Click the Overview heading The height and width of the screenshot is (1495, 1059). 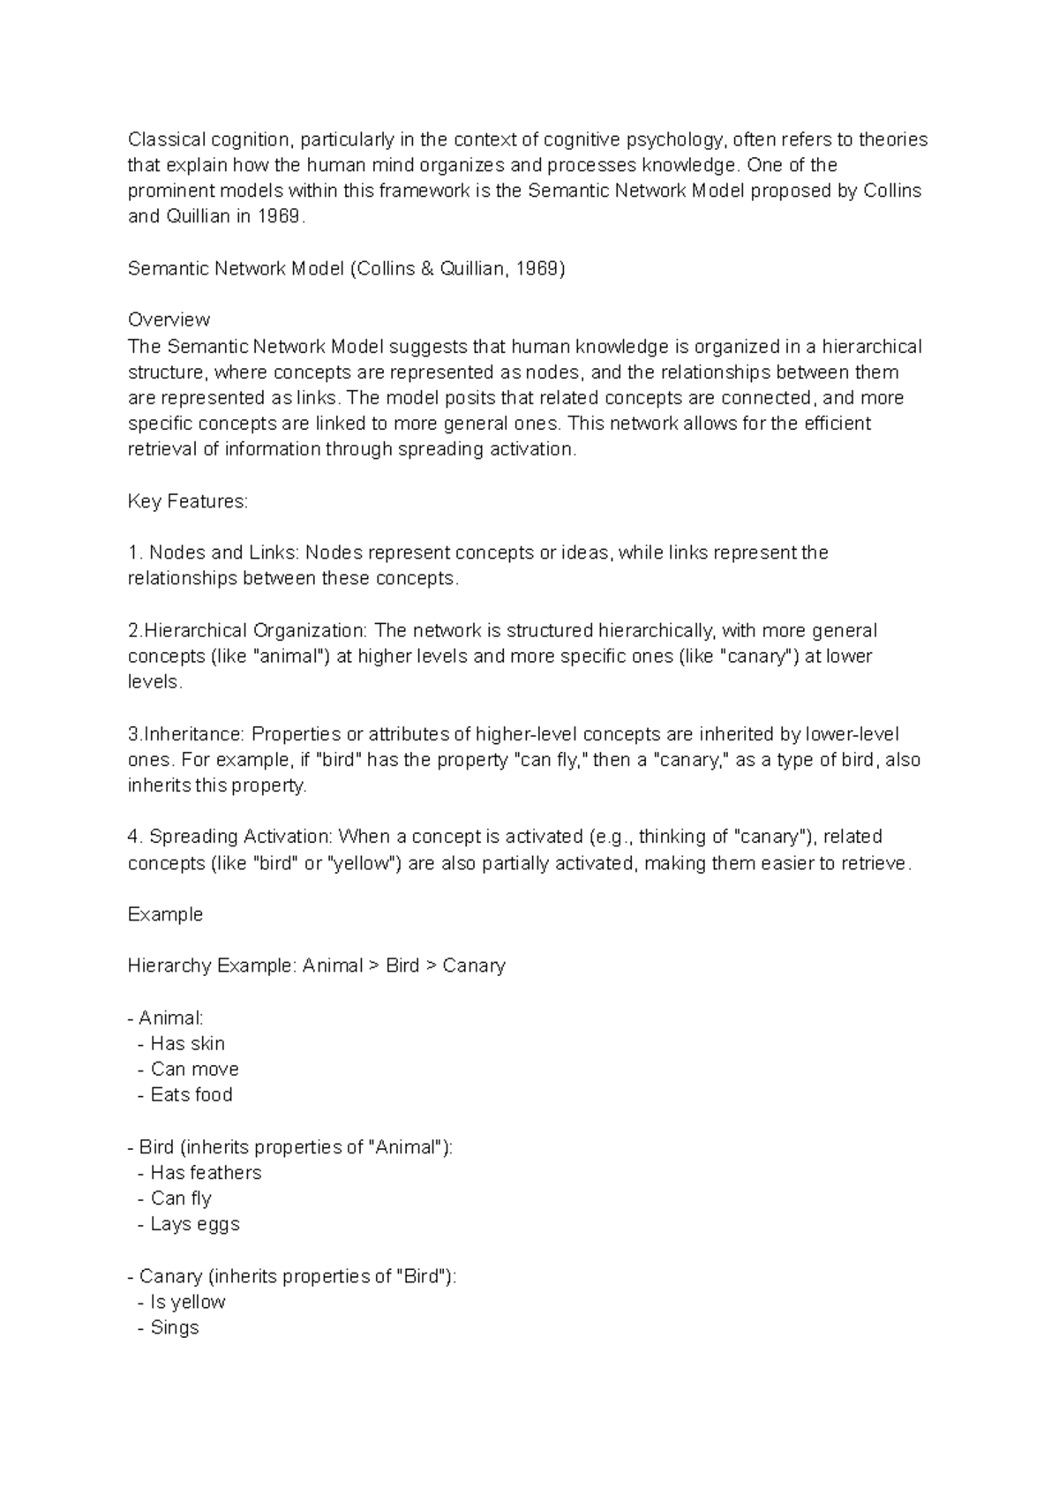click(x=169, y=319)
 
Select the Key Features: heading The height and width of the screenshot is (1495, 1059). click(x=188, y=501)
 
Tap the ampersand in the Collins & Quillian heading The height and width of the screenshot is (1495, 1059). click(x=428, y=268)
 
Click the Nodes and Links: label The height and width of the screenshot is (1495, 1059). click(x=225, y=553)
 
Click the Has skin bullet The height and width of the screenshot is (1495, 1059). click(x=187, y=1043)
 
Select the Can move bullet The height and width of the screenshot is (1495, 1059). click(x=194, y=1069)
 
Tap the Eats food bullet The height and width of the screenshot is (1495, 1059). click(x=191, y=1094)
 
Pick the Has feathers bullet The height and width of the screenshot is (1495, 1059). click(x=206, y=1173)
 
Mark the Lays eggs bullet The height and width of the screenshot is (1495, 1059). click(x=194, y=1224)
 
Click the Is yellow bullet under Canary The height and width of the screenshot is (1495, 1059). click(x=187, y=1302)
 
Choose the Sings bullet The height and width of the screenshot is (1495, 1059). click(x=175, y=1327)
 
